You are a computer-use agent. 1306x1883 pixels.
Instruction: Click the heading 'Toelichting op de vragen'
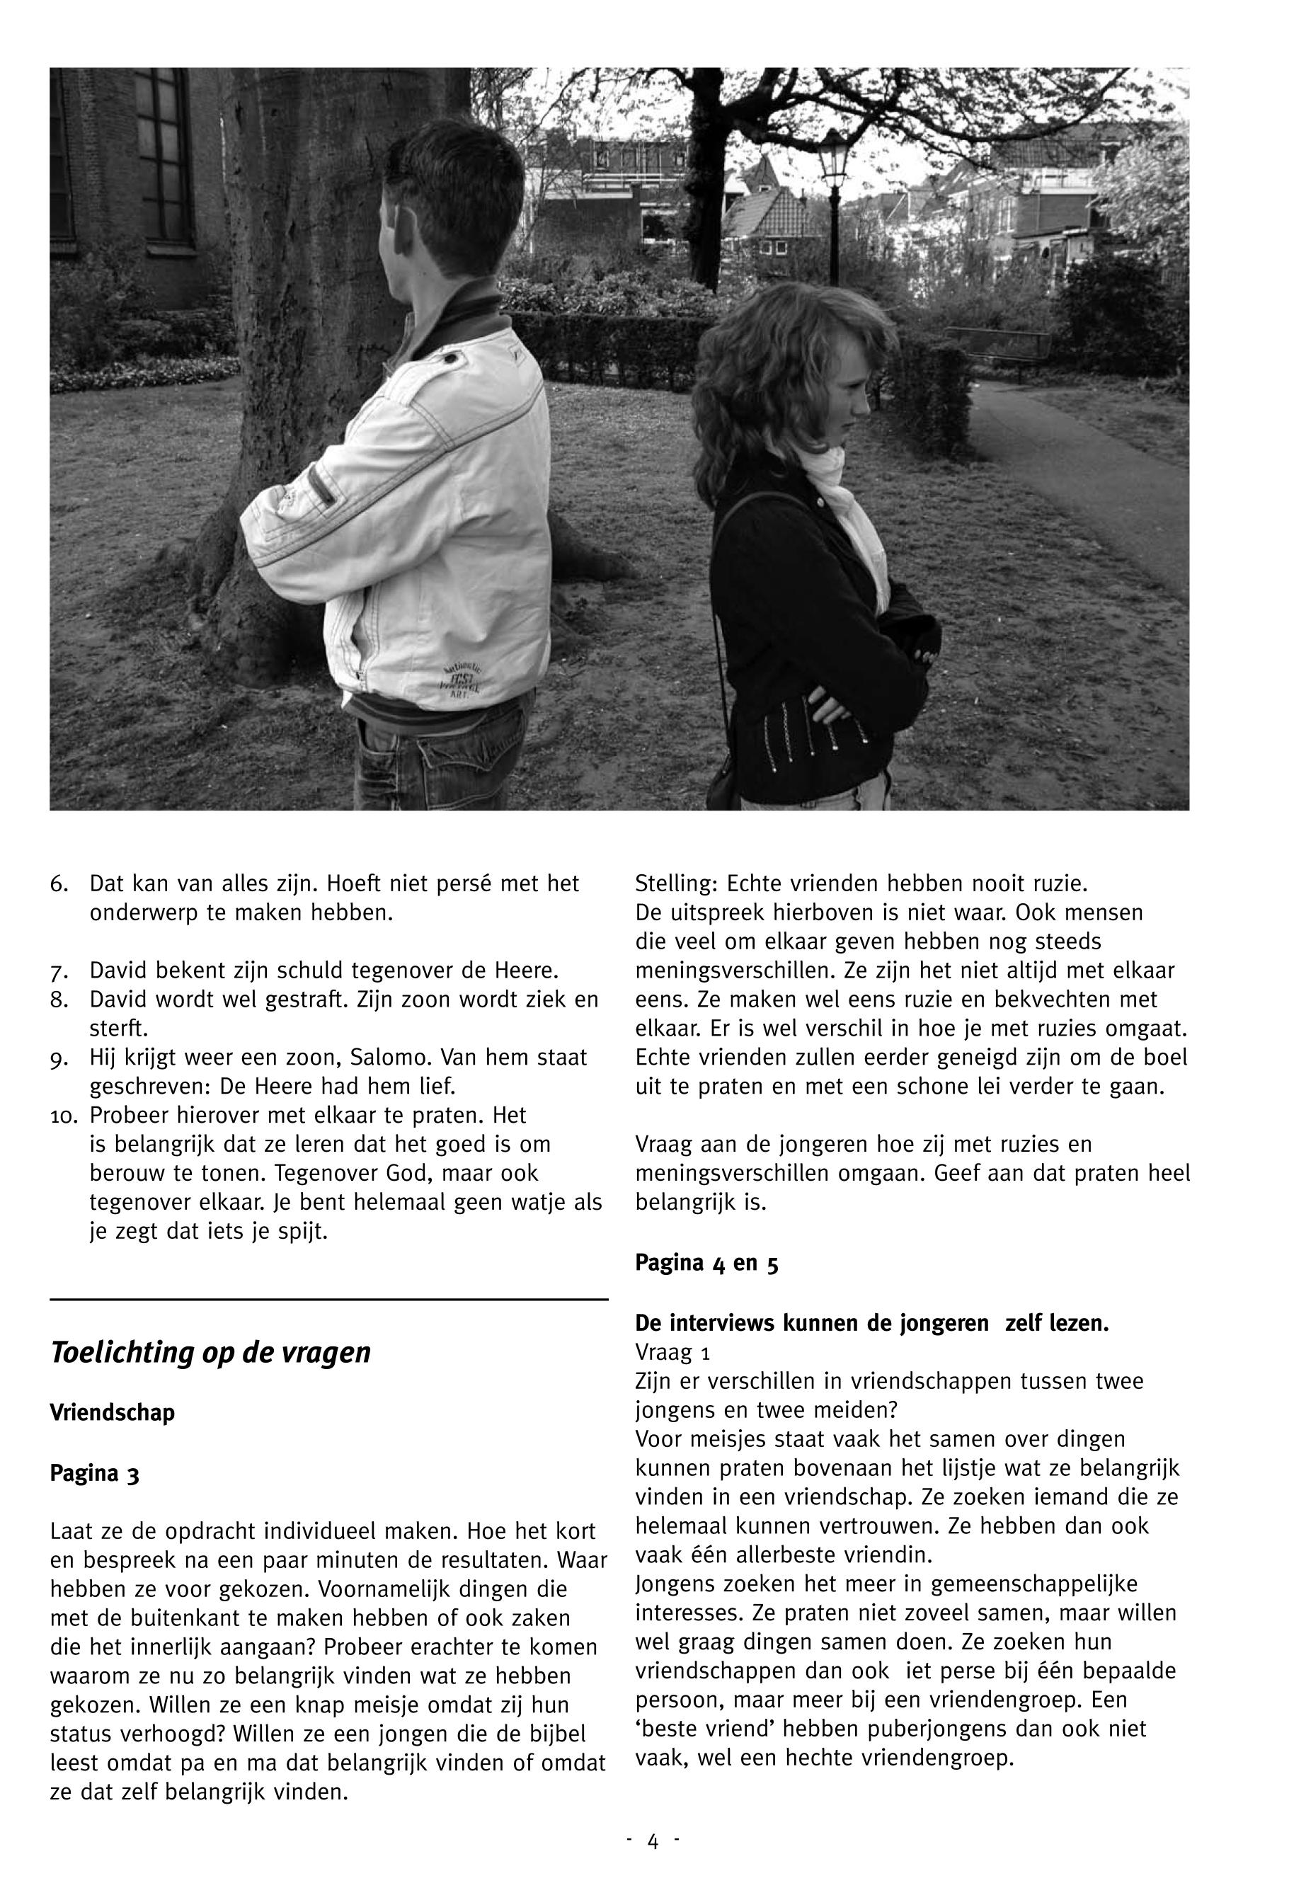click(x=210, y=1353)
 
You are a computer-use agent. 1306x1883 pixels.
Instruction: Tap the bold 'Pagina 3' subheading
click(x=94, y=1474)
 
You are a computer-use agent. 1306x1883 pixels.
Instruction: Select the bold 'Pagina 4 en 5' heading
click(x=706, y=1263)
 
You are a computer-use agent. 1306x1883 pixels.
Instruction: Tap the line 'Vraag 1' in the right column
click(x=672, y=1352)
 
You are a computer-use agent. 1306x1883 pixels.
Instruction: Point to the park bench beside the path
click(x=997, y=344)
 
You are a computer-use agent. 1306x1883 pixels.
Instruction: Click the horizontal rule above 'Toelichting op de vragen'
click(x=329, y=1299)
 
